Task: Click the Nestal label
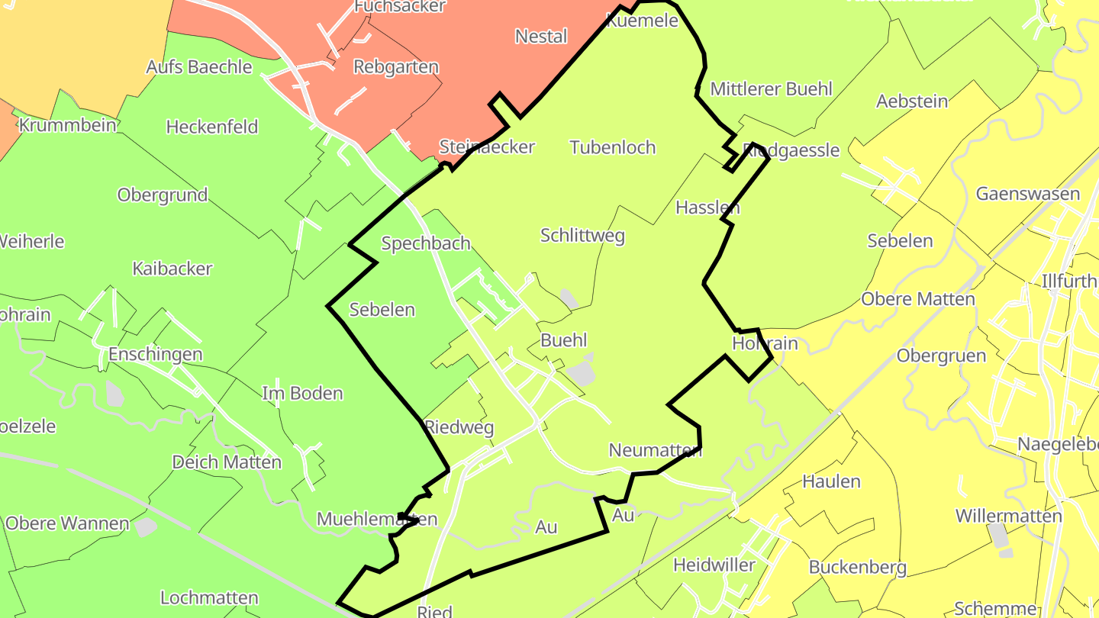point(541,37)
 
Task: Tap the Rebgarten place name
point(396,67)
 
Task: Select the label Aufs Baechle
point(199,67)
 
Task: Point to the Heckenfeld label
point(212,127)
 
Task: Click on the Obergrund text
point(163,195)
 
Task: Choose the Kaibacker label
point(172,269)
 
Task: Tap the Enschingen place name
point(156,354)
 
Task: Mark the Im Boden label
point(302,394)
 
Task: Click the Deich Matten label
point(227,462)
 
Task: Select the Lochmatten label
point(209,597)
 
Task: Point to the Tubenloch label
point(613,147)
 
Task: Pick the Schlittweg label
point(582,236)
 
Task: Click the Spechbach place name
point(426,243)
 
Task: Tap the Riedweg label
point(459,427)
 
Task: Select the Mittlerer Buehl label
point(771,89)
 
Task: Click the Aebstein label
point(912,101)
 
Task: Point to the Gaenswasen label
point(1028,194)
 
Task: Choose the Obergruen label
point(941,356)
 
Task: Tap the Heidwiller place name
point(714,565)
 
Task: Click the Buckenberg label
point(858,568)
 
